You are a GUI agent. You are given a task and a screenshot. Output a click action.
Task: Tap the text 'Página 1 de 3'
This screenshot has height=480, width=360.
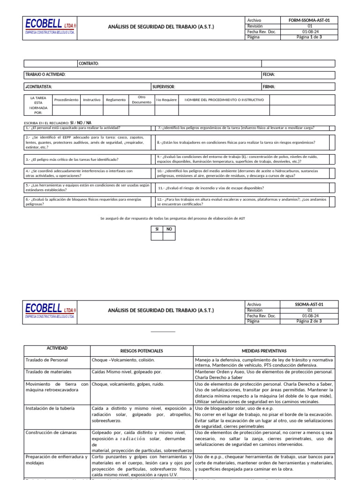click(309, 37)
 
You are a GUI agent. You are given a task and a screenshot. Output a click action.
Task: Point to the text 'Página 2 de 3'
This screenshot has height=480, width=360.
click(309, 321)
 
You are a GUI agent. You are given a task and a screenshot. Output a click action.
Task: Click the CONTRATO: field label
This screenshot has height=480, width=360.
click(89, 64)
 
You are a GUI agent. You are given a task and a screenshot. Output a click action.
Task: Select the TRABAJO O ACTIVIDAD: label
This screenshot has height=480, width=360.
click(45, 75)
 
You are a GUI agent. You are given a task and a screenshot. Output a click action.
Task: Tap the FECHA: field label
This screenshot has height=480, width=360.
click(269, 75)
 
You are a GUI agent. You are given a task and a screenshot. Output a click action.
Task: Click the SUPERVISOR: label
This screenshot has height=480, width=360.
click(164, 87)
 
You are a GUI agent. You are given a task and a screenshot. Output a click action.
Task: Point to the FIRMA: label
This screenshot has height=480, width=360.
click(269, 87)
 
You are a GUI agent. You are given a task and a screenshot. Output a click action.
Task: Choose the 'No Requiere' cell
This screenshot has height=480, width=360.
click(166, 100)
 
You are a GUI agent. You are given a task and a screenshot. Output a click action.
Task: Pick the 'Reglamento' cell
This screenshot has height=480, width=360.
click(116, 100)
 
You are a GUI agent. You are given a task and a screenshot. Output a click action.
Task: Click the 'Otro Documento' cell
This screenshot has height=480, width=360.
click(142, 99)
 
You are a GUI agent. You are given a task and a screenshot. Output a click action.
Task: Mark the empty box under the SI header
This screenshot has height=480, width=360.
click(157, 236)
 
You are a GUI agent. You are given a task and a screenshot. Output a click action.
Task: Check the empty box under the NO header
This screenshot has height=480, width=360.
click(169, 236)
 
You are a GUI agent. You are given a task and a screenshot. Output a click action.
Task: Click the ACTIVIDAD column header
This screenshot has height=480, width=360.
click(57, 349)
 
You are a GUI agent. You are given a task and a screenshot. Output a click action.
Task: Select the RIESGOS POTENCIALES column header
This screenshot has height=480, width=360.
click(142, 351)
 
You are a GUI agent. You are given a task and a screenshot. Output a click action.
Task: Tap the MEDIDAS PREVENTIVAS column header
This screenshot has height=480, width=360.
click(264, 351)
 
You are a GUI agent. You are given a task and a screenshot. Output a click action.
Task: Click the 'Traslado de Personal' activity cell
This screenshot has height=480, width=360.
click(46, 360)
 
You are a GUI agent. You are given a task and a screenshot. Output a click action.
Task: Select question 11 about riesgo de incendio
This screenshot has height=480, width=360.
click(211, 188)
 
